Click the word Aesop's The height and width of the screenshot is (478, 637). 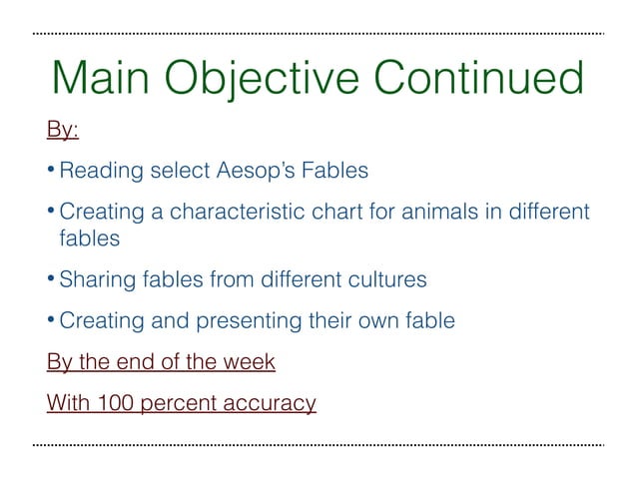pyautogui.click(x=254, y=171)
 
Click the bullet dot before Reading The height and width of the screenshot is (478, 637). pyautogui.click(x=51, y=171)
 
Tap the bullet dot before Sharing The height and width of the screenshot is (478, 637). pyautogui.click(x=51, y=279)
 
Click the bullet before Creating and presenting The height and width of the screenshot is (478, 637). pyautogui.click(x=51, y=320)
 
